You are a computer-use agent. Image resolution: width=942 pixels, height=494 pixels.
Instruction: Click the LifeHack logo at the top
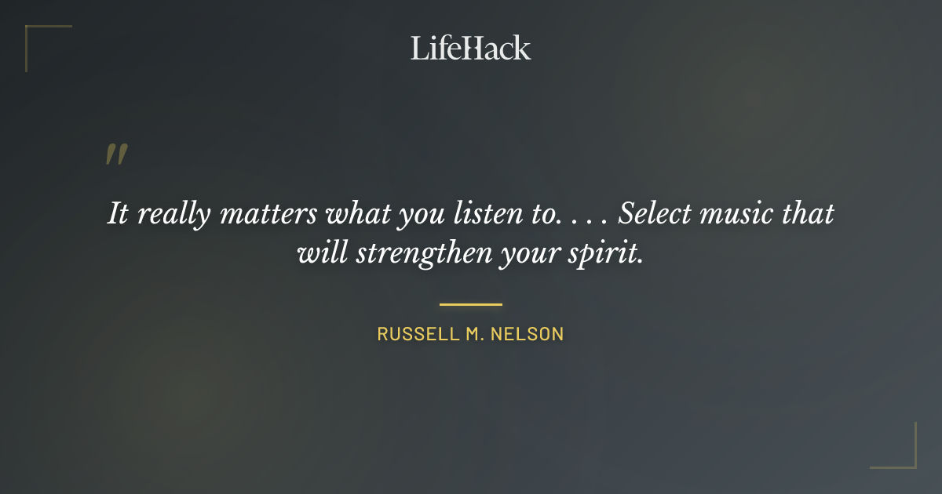click(470, 48)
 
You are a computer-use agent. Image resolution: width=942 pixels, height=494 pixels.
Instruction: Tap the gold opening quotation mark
click(115, 154)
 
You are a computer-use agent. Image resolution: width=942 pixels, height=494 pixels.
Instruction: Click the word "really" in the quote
click(173, 214)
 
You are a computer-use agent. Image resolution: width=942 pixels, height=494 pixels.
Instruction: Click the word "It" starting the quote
click(117, 214)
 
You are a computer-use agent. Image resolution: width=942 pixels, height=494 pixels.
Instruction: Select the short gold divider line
click(470, 304)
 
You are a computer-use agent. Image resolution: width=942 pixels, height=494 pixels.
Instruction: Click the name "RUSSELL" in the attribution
click(414, 334)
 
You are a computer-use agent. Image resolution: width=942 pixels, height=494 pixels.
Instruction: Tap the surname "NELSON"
click(528, 334)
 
